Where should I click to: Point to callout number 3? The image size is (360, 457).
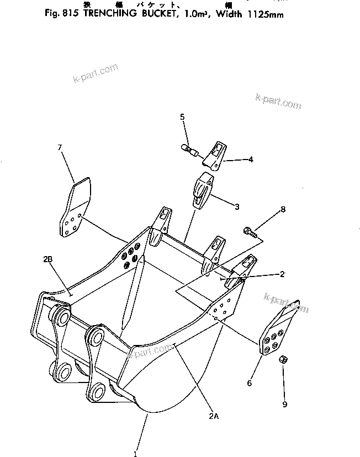(x=236, y=207)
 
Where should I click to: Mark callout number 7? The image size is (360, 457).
(x=60, y=147)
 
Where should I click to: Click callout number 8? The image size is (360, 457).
(x=283, y=210)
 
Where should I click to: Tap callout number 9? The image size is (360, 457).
(x=285, y=405)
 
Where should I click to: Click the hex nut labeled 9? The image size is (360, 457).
(x=282, y=359)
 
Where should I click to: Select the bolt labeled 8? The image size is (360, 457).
(x=250, y=233)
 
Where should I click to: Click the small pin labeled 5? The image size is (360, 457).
(x=190, y=149)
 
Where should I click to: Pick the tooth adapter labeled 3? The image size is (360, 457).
(x=202, y=189)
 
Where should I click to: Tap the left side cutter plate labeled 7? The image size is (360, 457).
(x=73, y=209)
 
